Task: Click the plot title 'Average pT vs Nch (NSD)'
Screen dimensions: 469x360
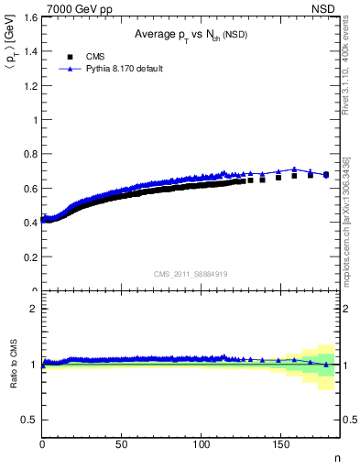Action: click(191, 35)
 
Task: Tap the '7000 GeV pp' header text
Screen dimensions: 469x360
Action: click(71, 7)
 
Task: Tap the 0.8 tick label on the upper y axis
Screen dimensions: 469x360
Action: click(28, 155)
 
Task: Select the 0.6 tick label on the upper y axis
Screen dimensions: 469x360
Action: click(28, 189)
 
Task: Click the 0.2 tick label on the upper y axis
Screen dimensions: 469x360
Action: click(28, 257)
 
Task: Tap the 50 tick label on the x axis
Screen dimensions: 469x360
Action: click(121, 445)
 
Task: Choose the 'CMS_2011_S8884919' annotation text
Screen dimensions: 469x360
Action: click(191, 273)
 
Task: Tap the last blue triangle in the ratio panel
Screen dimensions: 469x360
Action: click(326, 365)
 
